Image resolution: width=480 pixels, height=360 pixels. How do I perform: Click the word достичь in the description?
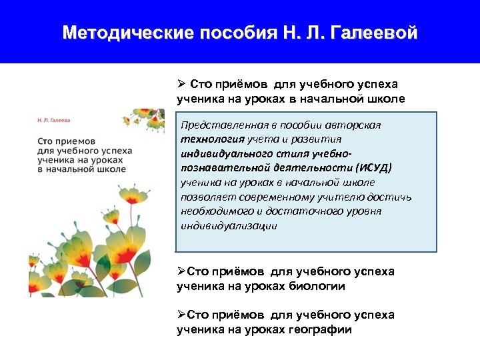394,197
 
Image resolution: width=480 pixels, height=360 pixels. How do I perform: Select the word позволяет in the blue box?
202,197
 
